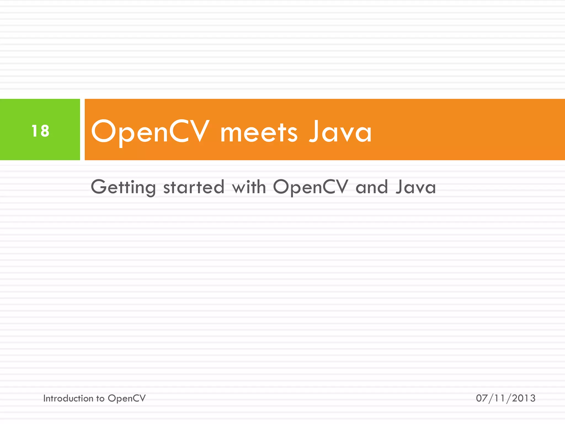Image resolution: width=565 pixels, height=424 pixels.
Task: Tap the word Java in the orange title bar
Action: pyautogui.click(x=340, y=132)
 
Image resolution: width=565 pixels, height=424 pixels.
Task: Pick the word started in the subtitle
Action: pyautogui.click(x=194, y=187)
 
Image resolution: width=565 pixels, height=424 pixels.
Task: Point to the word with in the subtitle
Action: pyautogui.click(x=249, y=187)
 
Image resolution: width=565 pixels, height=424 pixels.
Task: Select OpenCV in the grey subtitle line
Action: pyautogui.click(x=311, y=187)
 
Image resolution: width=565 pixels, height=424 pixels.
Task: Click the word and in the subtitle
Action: pyautogui.click(x=372, y=187)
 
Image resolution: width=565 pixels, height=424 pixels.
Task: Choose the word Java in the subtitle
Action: pyautogui.click(x=415, y=187)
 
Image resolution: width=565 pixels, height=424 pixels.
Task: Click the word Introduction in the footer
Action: pyautogui.click(x=68, y=398)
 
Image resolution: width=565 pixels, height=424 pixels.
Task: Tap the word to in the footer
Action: pyautogui.click(x=100, y=398)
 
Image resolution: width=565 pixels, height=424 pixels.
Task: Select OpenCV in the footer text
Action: pyautogui.click(x=127, y=398)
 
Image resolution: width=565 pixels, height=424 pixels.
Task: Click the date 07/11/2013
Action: pyautogui.click(x=505, y=398)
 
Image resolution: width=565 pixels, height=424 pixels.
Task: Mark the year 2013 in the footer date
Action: pyautogui.click(x=524, y=398)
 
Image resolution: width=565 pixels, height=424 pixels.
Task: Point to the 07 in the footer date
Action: pyautogui.click(x=482, y=398)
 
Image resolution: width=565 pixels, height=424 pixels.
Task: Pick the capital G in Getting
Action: pyautogui.click(x=99, y=187)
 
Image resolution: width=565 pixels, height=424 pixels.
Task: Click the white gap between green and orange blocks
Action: pyautogui.click(x=82, y=129)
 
